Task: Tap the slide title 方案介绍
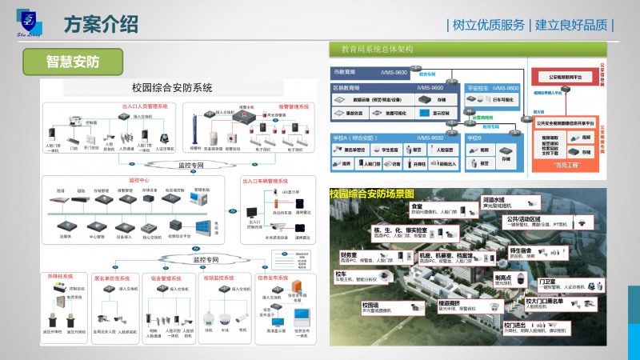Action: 99,25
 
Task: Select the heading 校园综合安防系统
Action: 172,87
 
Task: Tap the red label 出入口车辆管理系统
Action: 277,180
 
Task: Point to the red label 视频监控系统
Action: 218,278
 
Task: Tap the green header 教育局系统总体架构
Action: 376,49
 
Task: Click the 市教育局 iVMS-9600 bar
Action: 384,72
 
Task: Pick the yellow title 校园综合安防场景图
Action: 371,194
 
